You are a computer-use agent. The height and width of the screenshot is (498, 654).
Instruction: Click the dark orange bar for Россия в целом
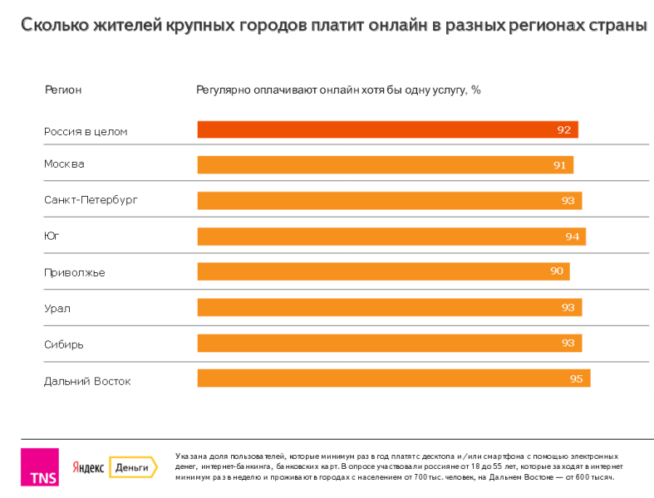coord(387,129)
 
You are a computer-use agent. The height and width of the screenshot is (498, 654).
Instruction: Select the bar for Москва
coord(385,165)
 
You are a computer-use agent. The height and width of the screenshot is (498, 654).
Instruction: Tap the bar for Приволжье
coord(383,271)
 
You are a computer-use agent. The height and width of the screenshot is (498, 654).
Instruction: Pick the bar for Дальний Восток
coord(393,378)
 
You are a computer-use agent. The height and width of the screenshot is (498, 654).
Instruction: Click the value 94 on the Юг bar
coord(573,237)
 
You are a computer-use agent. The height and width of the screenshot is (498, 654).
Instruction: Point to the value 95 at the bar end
coord(577,379)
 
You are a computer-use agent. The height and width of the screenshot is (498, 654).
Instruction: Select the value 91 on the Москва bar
coord(560,165)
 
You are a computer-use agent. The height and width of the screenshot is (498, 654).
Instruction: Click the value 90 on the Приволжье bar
coord(557,271)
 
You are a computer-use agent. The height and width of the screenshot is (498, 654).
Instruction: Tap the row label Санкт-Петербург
coord(91,200)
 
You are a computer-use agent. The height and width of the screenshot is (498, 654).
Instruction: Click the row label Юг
coord(52,236)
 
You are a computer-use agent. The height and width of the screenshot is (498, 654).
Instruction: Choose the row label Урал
coord(57,308)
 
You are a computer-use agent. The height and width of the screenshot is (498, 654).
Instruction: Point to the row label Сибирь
coord(64,344)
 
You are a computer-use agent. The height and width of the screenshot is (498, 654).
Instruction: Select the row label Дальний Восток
coord(87,381)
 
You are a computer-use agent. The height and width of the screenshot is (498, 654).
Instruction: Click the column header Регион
coord(63,90)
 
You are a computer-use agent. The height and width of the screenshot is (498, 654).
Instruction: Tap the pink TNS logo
coord(39,467)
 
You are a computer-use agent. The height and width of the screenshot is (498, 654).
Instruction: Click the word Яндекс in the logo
coord(88,468)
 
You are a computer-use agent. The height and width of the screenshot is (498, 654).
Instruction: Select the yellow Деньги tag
coord(132,467)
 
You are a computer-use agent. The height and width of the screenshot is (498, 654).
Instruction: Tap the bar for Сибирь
coord(389,343)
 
